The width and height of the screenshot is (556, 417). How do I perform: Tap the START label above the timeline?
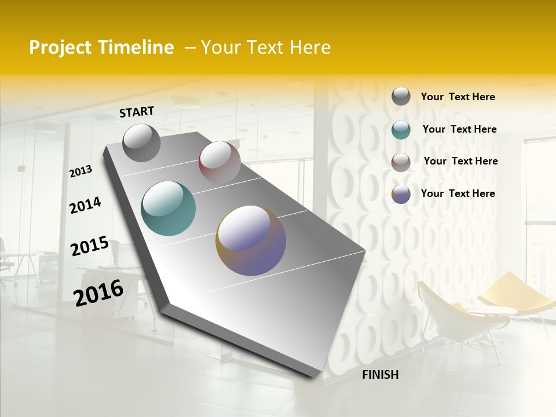pyautogui.click(x=137, y=112)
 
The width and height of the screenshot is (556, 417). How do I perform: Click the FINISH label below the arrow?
pyautogui.click(x=380, y=375)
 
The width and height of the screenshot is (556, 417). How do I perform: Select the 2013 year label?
pyautogui.click(x=81, y=171)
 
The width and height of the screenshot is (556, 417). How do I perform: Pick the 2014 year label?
pyautogui.click(x=85, y=205)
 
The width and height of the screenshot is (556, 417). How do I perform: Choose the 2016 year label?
pyautogui.click(x=98, y=293)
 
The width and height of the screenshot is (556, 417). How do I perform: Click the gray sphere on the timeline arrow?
pyautogui.click(x=141, y=142)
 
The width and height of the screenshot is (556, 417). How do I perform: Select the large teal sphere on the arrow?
pyautogui.click(x=168, y=209)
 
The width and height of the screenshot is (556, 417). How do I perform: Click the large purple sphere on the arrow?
pyautogui.click(x=251, y=240)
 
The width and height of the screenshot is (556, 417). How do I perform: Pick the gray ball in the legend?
pyautogui.click(x=401, y=96)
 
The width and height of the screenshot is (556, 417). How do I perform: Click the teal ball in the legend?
pyautogui.click(x=401, y=130)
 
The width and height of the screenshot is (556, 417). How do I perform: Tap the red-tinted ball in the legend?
pyautogui.click(x=401, y=162)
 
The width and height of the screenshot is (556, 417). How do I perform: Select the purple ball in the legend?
pyautogui.click(x=401, y=194)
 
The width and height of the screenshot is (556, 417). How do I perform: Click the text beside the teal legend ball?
pyautogui.click(x=459, y=129)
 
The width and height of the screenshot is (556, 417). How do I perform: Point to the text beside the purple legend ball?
pyautogui.click(x=458, y=193)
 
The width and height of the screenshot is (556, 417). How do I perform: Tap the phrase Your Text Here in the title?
pyautogui.click(x=266, y=47)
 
